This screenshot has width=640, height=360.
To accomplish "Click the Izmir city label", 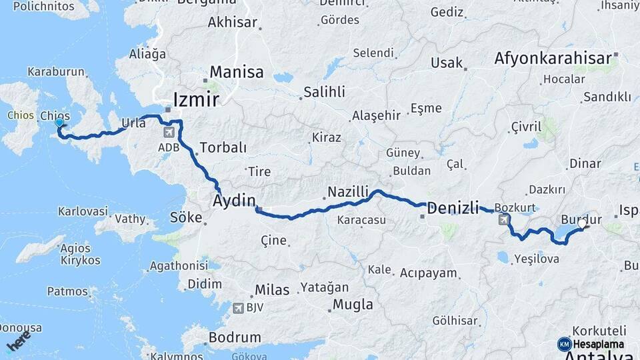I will click(195, 100).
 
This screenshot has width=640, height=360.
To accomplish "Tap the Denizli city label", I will click(453, 208).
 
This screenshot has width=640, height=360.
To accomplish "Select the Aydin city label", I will click(234, 201).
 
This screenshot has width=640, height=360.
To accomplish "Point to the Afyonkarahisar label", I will click(553, 59).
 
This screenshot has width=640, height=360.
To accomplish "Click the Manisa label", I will click(237, 72).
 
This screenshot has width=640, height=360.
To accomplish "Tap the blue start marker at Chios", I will click(60, 123).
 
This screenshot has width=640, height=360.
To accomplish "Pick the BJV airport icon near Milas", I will click(238, 308).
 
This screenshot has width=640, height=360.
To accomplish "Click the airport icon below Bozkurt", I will click(503, 219).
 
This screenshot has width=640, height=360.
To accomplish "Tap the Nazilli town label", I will click(347, 193).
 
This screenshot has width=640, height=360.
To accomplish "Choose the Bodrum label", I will click(234, 337).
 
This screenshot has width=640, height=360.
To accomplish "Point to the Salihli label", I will click(324, 92).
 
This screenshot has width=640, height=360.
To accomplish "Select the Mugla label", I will click(353, 305).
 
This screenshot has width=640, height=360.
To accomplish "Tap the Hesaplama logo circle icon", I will click(564, 344).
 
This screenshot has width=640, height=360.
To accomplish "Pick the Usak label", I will click(447, 63).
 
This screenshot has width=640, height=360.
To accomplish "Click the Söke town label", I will click(186, 217).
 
